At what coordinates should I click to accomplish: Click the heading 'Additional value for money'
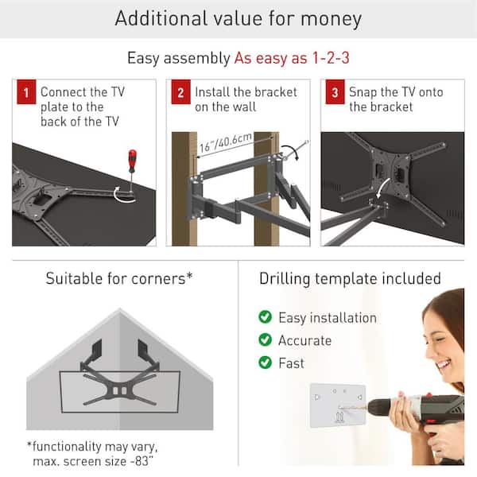point(238,19)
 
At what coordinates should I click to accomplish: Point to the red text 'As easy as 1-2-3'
point(291,58)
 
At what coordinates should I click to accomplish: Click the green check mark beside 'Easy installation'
point(265,317)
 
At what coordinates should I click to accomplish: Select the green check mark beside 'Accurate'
point(265,340)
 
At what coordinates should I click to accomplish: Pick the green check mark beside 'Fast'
point(265,363)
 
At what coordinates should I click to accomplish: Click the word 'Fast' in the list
point(291,363)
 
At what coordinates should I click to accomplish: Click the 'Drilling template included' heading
point(350,278)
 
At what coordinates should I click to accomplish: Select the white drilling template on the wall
point(338,405)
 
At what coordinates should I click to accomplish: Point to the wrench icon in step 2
point(296,149)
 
